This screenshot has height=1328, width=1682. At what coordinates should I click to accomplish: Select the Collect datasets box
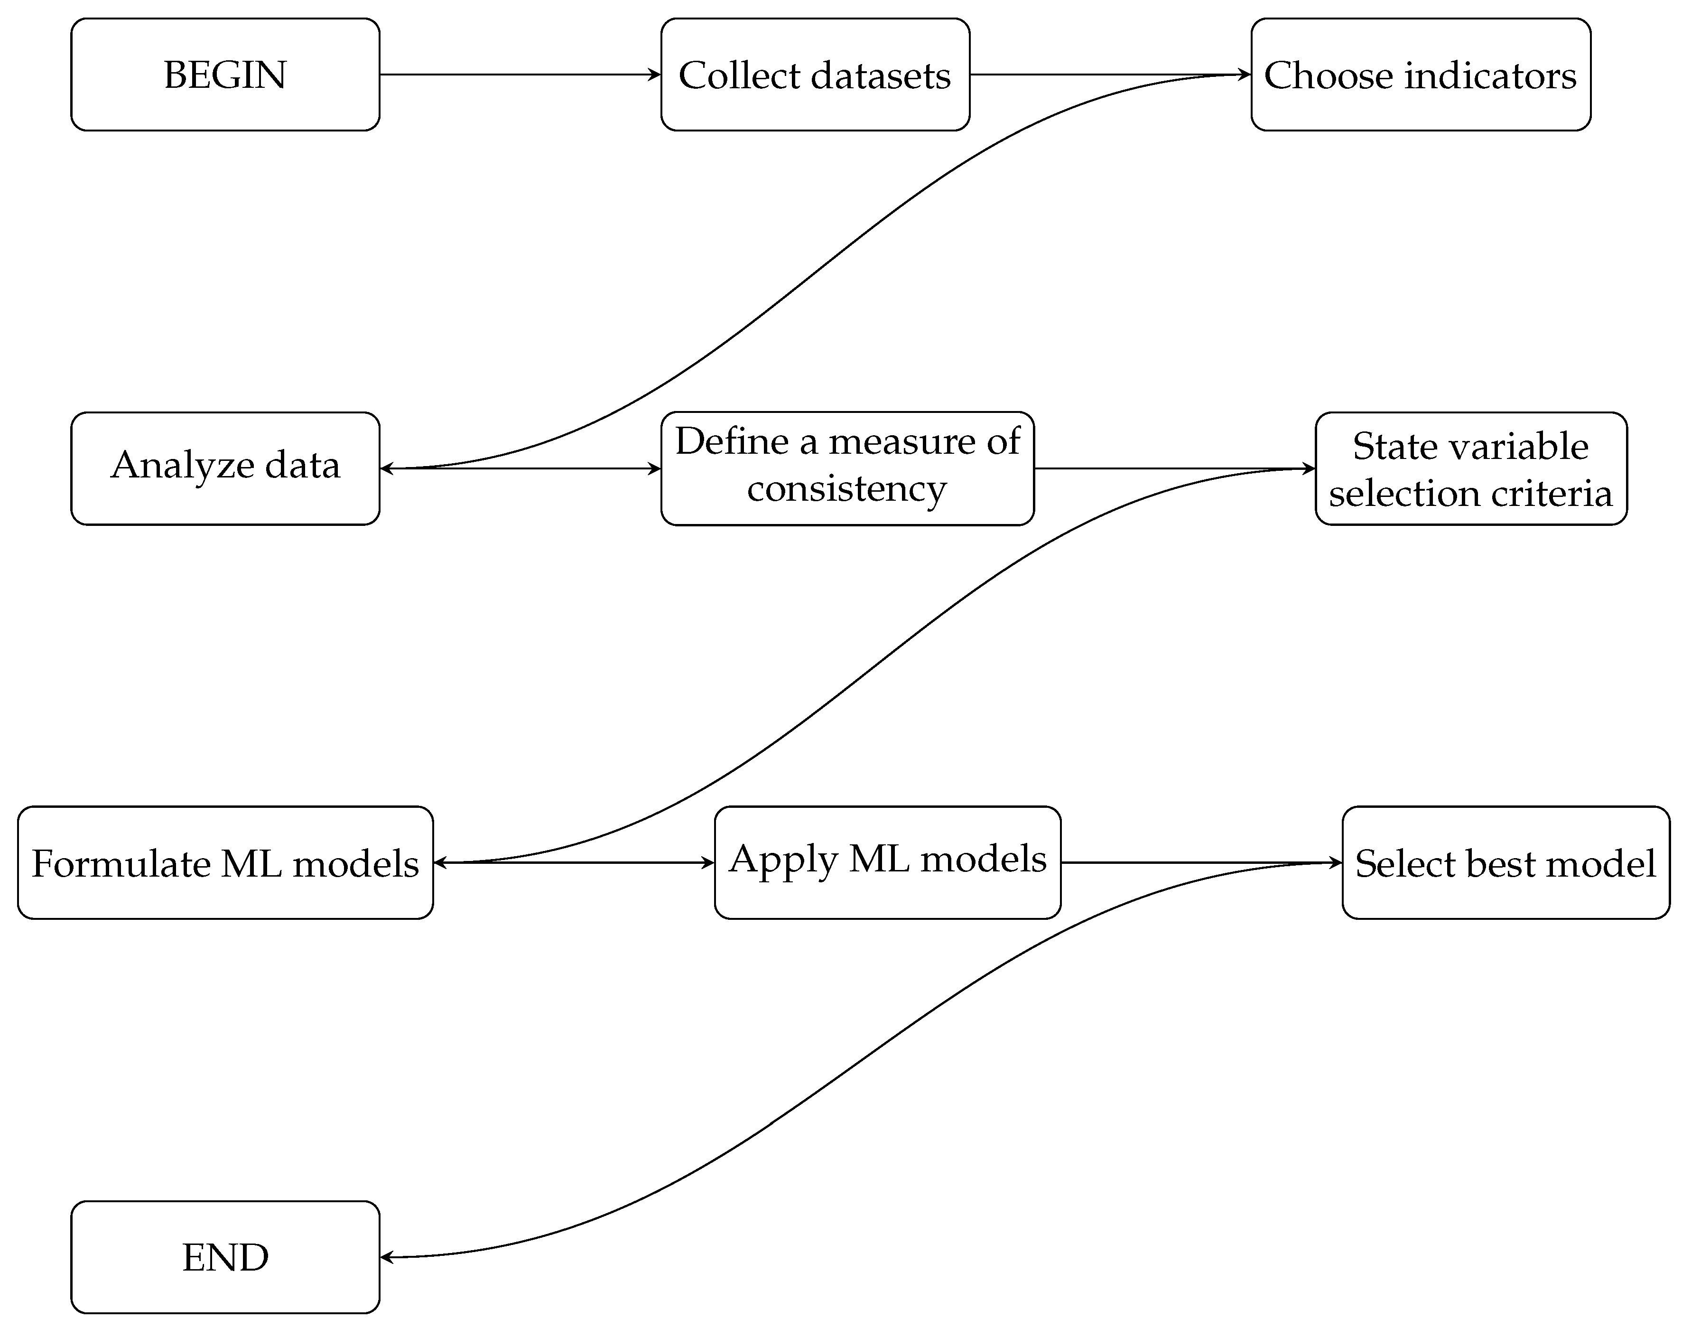[x=815, y=75]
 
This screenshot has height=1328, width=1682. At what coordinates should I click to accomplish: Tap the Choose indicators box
[x=1420, y=75]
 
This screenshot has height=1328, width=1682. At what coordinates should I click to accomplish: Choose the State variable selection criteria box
[x=1470, y=468]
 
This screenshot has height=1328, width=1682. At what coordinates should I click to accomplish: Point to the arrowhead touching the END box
[x=386, y=1256]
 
